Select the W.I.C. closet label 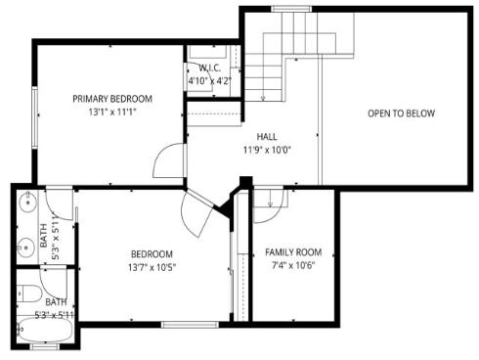pyautogui.click(x=212, y=67)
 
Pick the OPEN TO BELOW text pyautogui.click(x=401, y=113)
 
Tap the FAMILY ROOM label pyautogui.click(x=292, y=252)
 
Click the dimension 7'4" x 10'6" pyautogui.click(x=292, y=265)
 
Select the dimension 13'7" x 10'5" pyautogui.click(x=152, y=267)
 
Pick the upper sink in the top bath pyautogui.click(x=23, y=207)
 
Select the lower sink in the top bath pyautogui.click(x=23, y=247)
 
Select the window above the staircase pyautogui.click(x=290, y=9)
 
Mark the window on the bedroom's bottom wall pyautogui.click(x=189, y=324)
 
